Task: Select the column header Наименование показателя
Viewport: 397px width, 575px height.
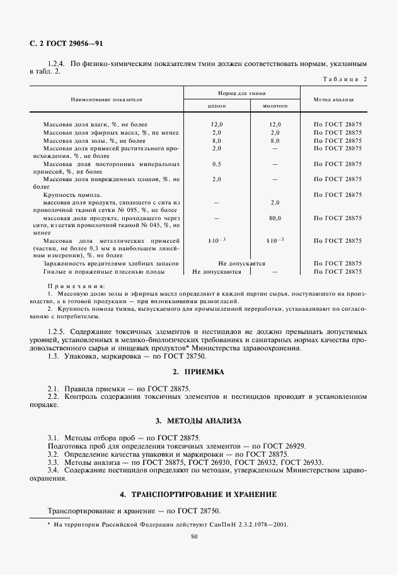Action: (x=106, y=99)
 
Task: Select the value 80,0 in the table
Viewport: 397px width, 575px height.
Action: (x=275, y=218)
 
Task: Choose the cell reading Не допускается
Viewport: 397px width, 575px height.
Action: (x=241, y=264)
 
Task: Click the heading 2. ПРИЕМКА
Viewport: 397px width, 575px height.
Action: (x=198, y=372)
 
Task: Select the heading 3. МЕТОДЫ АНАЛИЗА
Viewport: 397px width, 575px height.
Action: (x=198, y=420)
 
